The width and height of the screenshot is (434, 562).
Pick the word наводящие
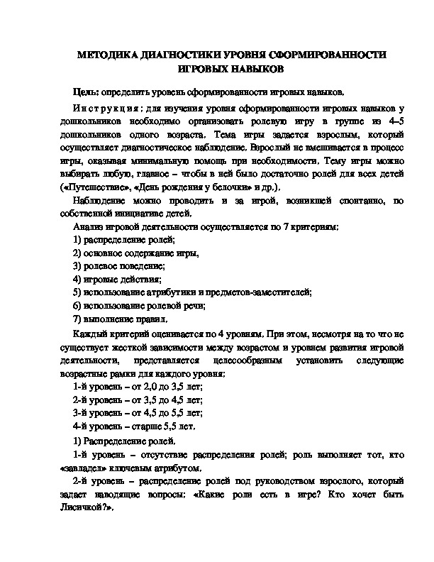point(114,495)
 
